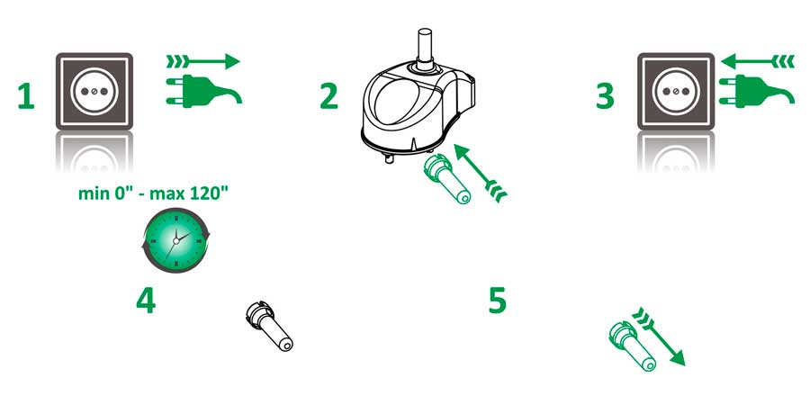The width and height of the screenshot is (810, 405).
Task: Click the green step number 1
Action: pos(26,96)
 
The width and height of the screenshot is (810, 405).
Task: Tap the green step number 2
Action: pos(329,96)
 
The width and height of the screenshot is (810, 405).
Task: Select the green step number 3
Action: pos(605,96)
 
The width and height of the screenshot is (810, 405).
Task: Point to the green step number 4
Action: pos(146,301)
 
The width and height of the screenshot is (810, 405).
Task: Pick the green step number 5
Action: pos(498,301)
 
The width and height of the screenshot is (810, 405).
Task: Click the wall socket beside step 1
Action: pos(94,91)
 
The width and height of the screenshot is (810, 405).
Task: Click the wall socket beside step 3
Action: pos(676,91)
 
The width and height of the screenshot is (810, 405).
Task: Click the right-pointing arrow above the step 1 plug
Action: pos(203,62)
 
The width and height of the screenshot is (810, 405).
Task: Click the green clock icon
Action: pos(176,240)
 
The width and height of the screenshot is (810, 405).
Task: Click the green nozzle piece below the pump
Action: pos(446,179)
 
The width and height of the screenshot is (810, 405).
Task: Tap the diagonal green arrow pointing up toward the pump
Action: pos(480,173)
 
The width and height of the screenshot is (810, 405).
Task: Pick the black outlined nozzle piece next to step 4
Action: pos(269,327)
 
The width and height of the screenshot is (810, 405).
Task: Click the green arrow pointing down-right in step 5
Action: pos(659,337)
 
